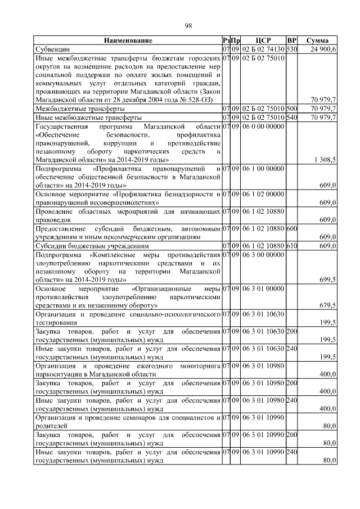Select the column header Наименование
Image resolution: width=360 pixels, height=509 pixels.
128,41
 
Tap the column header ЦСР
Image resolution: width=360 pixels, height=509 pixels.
263,41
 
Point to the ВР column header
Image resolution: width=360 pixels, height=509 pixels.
291,41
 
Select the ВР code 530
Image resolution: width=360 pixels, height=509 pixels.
291,49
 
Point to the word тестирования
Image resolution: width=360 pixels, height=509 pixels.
56,323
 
